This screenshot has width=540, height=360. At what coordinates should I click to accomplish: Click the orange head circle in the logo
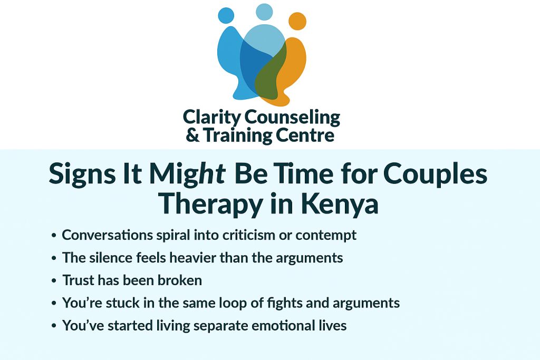(297, 21)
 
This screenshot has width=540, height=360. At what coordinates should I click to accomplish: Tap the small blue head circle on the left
(226, 15)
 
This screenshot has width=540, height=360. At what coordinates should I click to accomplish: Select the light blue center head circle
(264, 12)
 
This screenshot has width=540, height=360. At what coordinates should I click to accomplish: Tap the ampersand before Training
(193, 135)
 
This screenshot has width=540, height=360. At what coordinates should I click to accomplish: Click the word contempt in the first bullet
(326, 235)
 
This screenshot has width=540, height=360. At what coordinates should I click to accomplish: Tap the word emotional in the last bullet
(282, 326)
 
